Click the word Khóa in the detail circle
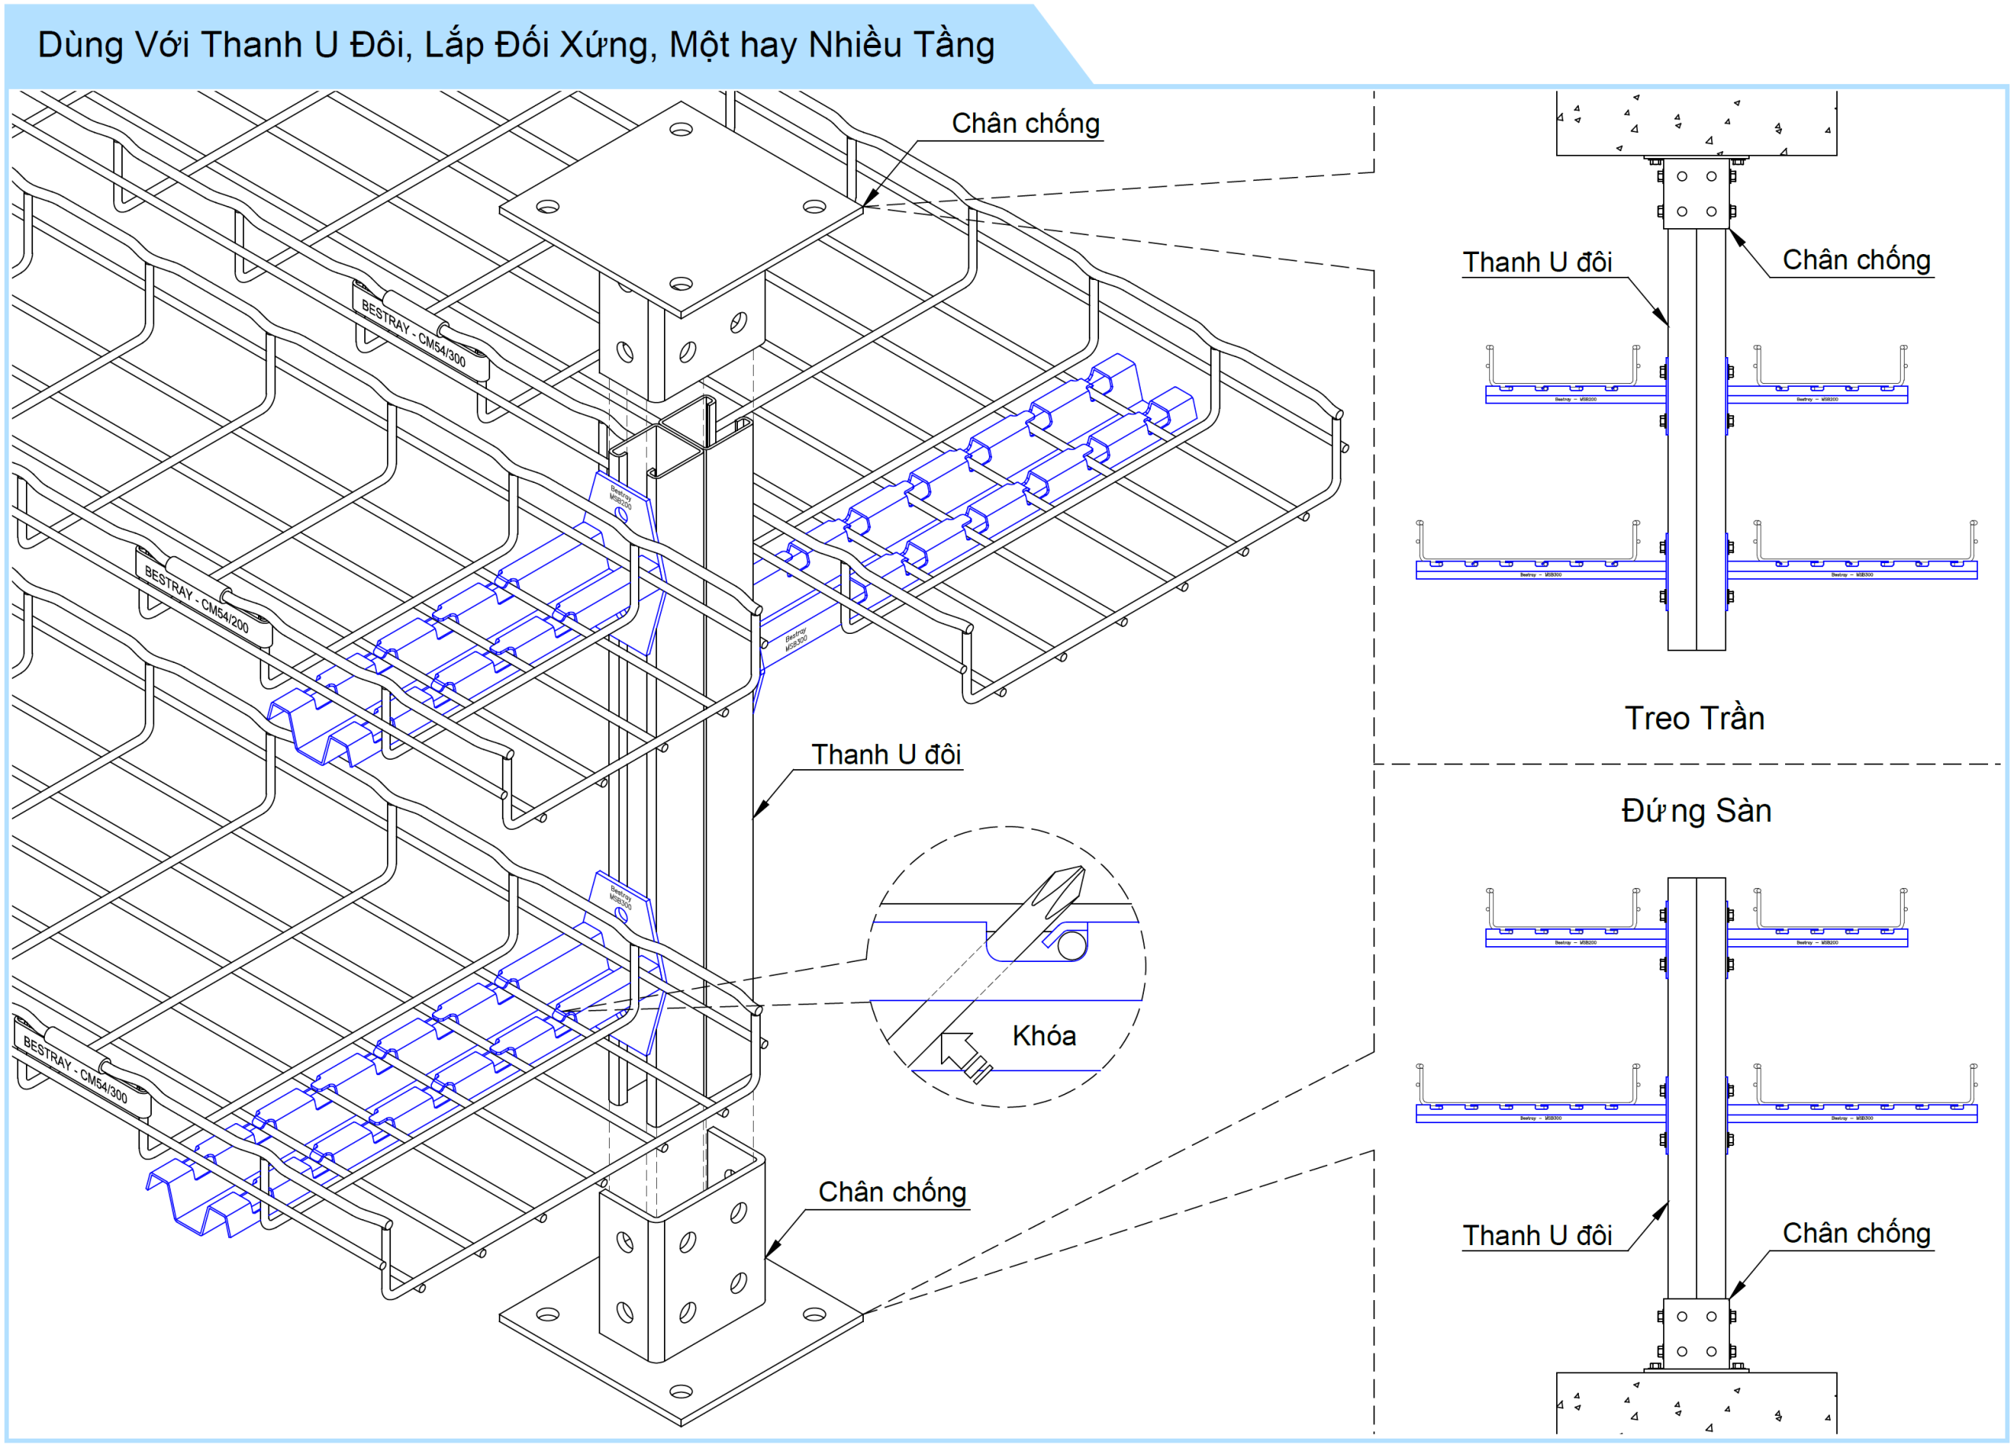pos(1043,1036)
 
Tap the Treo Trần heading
pos(1695,718)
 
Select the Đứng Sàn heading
pos(1696,811)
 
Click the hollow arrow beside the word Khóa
pos(963,1054)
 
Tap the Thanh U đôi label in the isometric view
pos(885,754)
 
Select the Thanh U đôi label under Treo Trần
pos(1537,263)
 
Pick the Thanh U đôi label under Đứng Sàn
pos(1537,1235)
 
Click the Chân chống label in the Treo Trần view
pos(1856,260)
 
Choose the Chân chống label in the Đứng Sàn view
pos(1856,1233)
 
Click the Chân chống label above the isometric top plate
pos(1026,123)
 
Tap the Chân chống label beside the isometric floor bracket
pos(891,1192)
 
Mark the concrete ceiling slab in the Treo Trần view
pos(1695,123)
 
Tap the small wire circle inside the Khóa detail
pos(1072,945)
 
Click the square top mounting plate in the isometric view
pos(681,208)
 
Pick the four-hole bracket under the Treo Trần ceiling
pos(1696,193)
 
